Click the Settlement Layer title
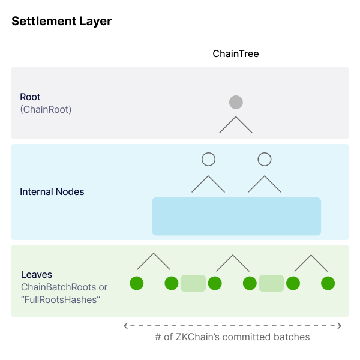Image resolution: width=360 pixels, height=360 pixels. click(61, 21)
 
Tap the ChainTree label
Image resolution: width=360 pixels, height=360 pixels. click(236, 53)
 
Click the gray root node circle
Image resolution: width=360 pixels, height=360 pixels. click(236, 102)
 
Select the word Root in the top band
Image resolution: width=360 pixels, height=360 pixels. click(30, 97)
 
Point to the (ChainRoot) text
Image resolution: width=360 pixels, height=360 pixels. click(46, 110)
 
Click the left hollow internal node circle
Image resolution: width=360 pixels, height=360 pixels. click(208, 159)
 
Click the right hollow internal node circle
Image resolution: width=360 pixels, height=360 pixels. click(265, 159)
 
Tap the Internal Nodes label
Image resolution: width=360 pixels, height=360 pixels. click(52, 192)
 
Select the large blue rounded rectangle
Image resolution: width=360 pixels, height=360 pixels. click(236, 216)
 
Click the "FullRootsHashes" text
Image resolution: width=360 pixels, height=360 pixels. click(60, 299)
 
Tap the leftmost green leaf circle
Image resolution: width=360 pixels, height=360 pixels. click(137, 283)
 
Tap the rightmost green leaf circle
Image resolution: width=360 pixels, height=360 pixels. click(328, 283)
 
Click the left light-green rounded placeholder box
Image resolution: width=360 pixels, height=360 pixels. click(193, 283)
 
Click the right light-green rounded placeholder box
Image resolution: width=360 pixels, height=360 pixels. click(271, 283)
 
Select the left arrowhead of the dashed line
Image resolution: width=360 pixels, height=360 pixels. click(125, 326)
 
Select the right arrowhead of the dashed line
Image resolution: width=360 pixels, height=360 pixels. click(340, 326)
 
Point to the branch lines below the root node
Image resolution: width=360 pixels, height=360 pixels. click(236, 125)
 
